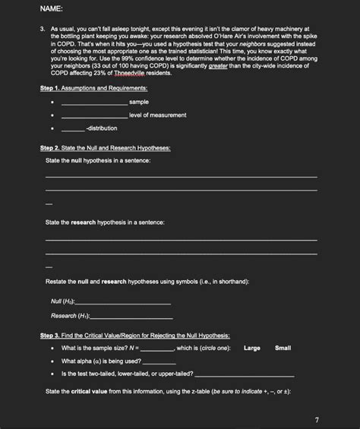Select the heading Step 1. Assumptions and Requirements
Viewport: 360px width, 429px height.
click(x=93, y=89)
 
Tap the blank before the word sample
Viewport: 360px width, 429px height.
click(x=93, y=102)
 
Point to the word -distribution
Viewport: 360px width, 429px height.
click(x=102, y=128)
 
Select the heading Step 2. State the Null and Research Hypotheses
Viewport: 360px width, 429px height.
click(x=105, y=148)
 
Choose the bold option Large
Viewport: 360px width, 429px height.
click(x=252, y=348)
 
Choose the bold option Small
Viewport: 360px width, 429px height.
click(x=283, y=348)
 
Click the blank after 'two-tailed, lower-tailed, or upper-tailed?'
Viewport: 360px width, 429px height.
click(x=244, y=374)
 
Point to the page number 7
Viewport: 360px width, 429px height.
click(x=317, y=419)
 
